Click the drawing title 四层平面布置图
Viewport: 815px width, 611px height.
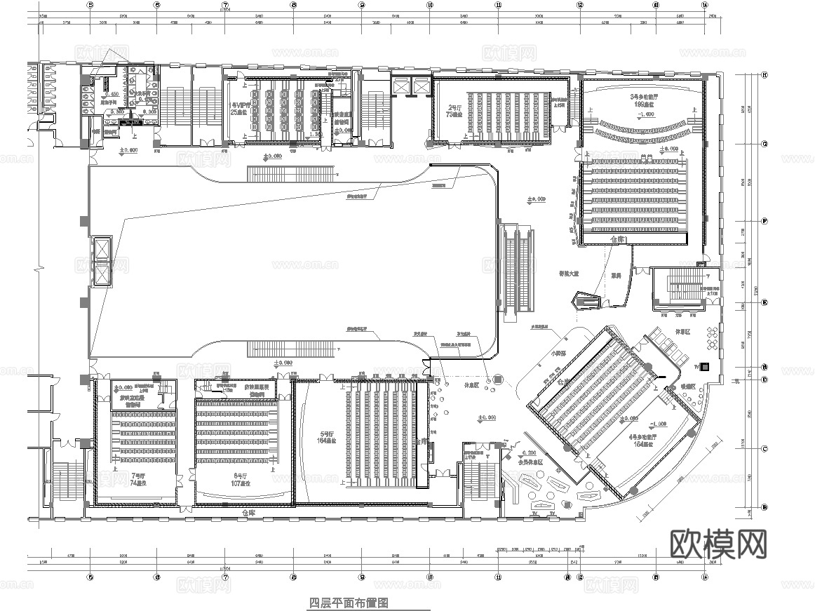[x=349, y=603]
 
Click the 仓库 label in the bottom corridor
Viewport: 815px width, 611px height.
[x=249, y=513]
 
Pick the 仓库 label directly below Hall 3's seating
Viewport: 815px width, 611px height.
[x=617, y=239]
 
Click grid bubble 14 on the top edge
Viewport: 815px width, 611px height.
[x=703, y=4]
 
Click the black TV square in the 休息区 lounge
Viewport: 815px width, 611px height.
[x=706, y=366]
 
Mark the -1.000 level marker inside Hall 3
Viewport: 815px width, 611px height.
[x=645, y=114]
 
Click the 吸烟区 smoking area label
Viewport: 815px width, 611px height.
[x=686, y=387]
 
